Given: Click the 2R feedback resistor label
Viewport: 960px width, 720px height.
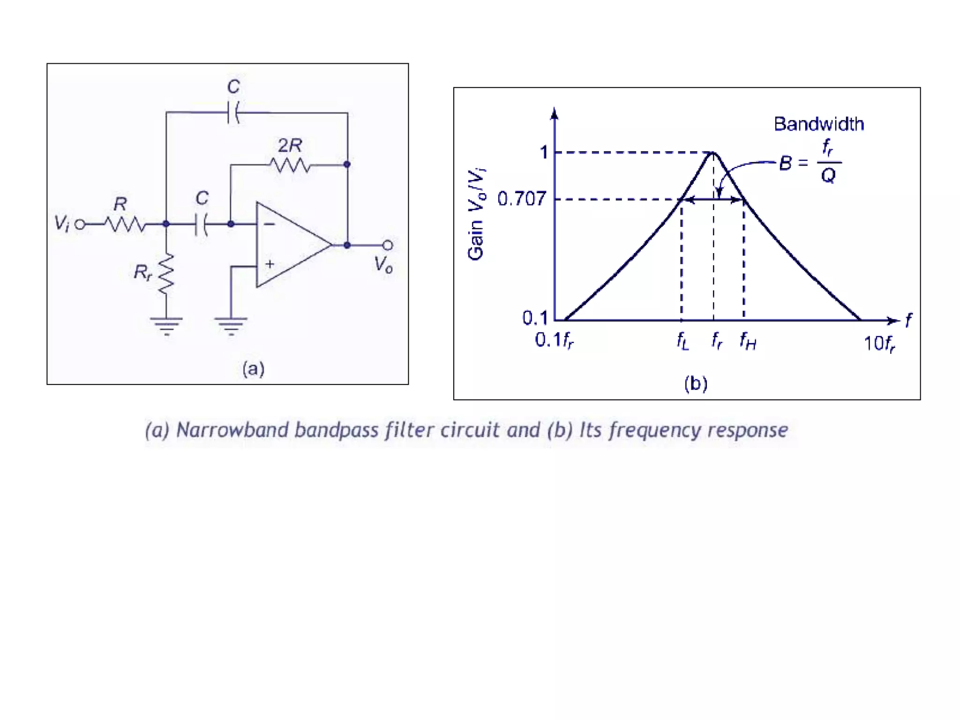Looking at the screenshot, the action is pyautogui.click(x=290, y=146).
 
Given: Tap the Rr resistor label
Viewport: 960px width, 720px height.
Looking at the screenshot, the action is pyautogui.click(x=142, y=272).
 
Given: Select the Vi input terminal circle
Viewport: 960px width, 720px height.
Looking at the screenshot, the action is pyautogui.click(x=80, y=225).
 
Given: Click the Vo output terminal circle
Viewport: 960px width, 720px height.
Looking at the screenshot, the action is pyautogui.click(x=388, y=245).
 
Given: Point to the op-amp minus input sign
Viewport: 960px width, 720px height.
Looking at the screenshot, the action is pyautogui.click(x=269, y=225).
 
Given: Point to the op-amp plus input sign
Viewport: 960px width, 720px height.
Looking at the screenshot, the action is pyautogui.click(x=270, y=264).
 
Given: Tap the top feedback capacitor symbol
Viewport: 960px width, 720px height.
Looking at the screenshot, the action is pyautogui.click(x=233, y=112).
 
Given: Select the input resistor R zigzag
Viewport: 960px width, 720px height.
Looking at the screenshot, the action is pyautogui.click(x=125, y=225).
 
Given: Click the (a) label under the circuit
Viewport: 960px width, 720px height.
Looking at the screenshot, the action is pyautogui.click(x=253, y=369).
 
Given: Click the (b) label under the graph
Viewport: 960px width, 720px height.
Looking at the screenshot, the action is pyautogui.click(x=696, y=383).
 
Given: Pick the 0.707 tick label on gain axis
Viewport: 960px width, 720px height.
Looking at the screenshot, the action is pyautogui.click(x=521, y=199).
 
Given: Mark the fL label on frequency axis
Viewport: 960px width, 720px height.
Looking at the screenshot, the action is pyautogui.click(x=682, y=341).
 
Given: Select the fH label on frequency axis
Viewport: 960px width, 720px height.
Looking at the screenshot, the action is pyautogui.click(x=748, y=341).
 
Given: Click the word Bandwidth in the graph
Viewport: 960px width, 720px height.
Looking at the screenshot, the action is pyautogui.click(x=818, y=124).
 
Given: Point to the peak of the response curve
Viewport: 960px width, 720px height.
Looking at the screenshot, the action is pyautogui.click(x=713, y=153).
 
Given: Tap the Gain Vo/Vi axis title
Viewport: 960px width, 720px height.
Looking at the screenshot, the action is pyautogui.click(x=476, y=214).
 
